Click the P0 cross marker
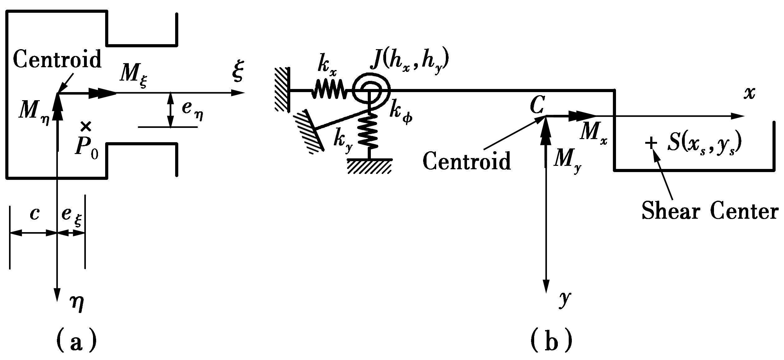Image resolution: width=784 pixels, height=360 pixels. coord(86,126)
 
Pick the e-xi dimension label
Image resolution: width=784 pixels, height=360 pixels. coord(71,216)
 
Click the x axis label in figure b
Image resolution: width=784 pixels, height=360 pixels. coord(749,93)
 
